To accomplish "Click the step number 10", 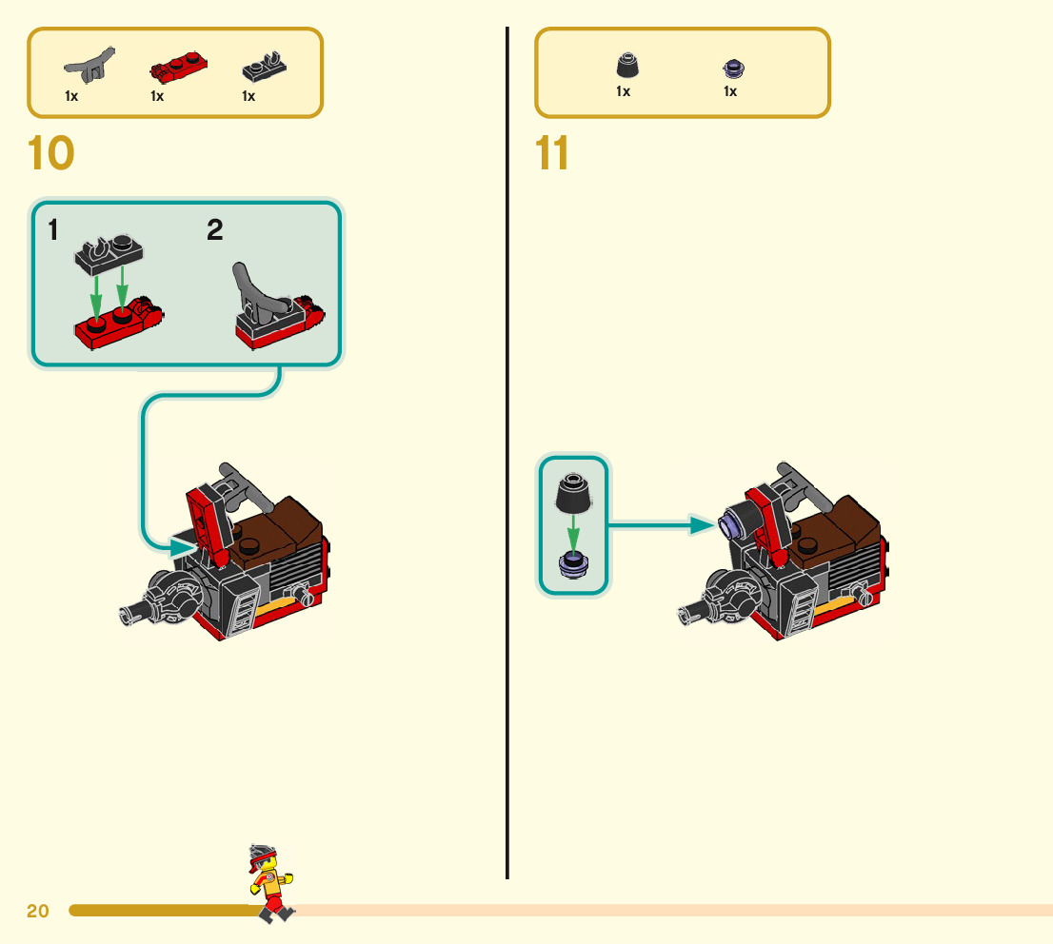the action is [51, 153].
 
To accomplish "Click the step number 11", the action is [552, 153].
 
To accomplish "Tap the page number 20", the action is [38, 911].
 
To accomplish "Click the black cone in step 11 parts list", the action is [626, 67].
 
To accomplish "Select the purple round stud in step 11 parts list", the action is [733, 68].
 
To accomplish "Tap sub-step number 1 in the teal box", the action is [53, 229].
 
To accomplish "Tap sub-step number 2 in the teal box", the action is [215, 229].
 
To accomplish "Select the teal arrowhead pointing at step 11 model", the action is [704, 524].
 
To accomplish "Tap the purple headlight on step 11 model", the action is [734, 522].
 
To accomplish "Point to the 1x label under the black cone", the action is [624, 91].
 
